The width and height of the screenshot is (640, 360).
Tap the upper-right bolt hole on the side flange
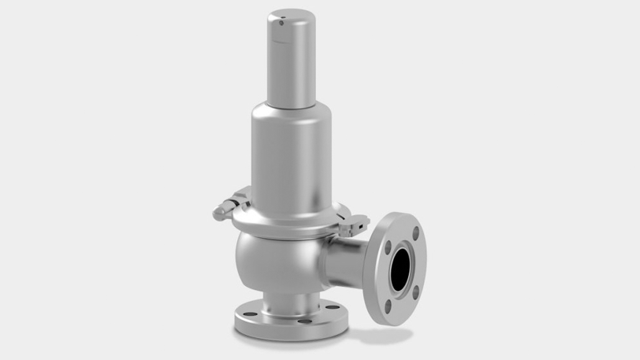point(416,234)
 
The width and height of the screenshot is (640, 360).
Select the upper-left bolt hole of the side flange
point(388,247)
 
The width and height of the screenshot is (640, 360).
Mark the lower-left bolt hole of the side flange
point(388,306)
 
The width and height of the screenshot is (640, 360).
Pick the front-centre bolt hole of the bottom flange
point(304,321)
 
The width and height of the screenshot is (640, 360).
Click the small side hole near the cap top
point(281,23)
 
